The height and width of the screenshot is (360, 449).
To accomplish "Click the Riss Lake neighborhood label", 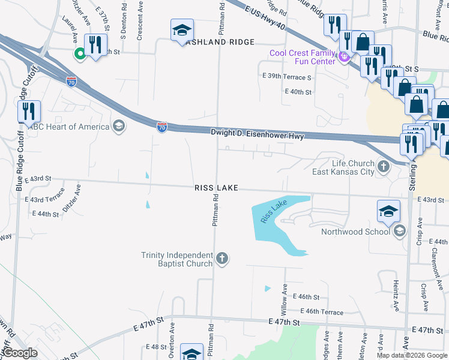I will coord(217,188).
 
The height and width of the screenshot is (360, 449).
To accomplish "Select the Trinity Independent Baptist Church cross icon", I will coord(222,259).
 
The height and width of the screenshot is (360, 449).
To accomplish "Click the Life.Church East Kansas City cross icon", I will coord(383,164).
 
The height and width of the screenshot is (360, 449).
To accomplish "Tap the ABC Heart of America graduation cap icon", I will coord(119,127).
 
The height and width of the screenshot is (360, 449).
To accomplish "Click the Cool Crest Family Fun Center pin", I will coord(343,58).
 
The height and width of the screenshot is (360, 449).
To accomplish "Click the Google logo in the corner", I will coord(20,353).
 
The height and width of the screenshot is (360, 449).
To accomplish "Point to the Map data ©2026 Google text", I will coord(412,355).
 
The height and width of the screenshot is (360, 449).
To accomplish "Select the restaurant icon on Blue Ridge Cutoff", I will coord(28,112).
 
